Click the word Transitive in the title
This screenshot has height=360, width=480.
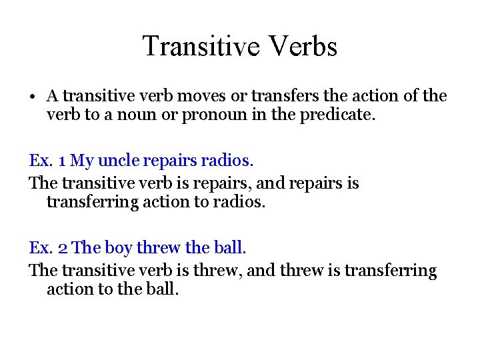[x=195, y=46]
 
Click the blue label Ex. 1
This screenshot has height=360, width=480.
[x=47, y=161]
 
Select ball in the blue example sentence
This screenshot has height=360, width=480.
[x=229, y=248]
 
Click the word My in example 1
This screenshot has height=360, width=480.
[x=82, y=161]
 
